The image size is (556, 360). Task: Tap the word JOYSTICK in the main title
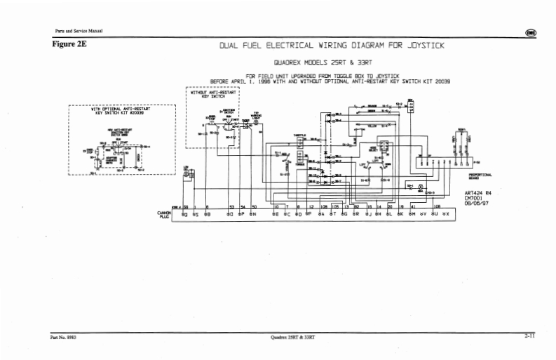pyautogui.click(x=422, y=46)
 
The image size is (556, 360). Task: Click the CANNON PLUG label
pyautogui.click(x=165, y=214)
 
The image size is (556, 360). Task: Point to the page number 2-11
pyautogui.click(x=529, y=336)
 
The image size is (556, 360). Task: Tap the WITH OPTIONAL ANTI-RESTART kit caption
pyautogui.click(x=121, y=112)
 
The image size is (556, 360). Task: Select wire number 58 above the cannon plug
pyautogui.click(x=186, y=207)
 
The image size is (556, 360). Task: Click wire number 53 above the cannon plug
pyautogui.click(x=231, y=207)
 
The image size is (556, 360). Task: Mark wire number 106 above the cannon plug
pyautogui.click(x=436, y=207)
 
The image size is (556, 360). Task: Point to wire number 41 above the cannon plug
pyautogui.click(x=413, y=207)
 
